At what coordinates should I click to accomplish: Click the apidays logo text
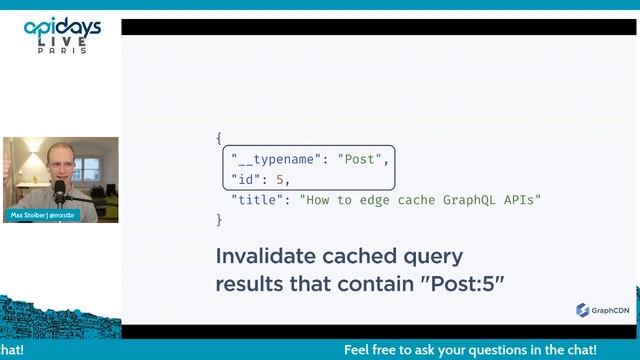[x=62, y=28]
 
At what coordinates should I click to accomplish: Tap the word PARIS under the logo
[x=63, y=51]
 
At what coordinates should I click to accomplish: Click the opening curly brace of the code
[x=219, y=138]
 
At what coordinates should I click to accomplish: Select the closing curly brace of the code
[x=219, y=219]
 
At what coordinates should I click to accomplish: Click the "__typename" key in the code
[x=274, y=159]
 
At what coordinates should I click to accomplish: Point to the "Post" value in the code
[x=361, y=159]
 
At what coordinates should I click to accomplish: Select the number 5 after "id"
[x=282, y=179]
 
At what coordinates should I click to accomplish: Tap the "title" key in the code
[x=256, y=200]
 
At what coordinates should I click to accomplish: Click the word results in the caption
[x=254, y=284]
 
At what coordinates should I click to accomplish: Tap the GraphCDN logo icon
[x=582, y=310]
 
